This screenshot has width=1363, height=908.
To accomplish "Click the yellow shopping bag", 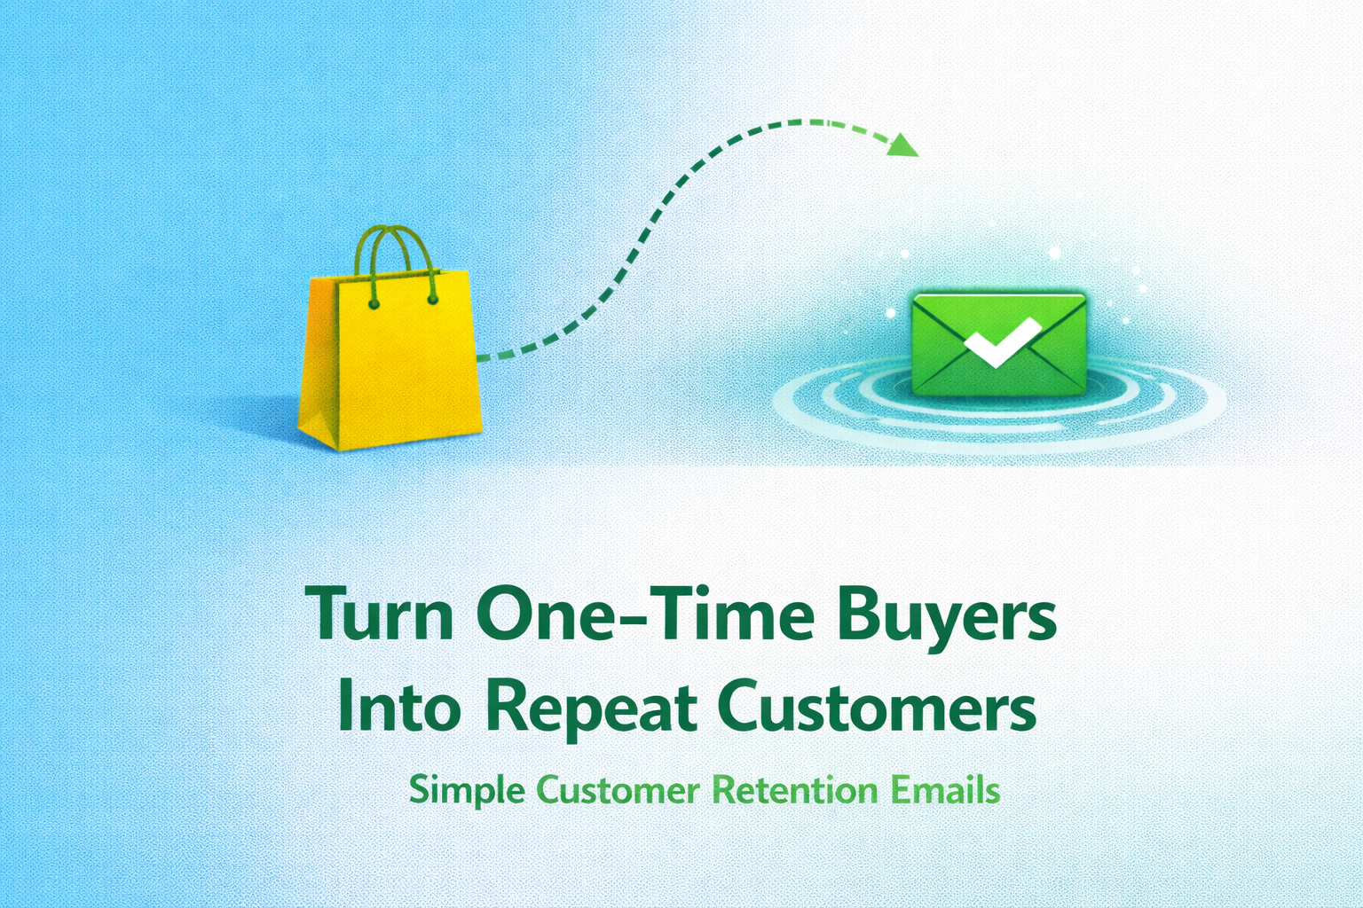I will [390, 364].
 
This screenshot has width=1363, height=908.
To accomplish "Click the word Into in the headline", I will [400, 707].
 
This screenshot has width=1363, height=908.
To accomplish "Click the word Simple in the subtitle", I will [467, 790].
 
